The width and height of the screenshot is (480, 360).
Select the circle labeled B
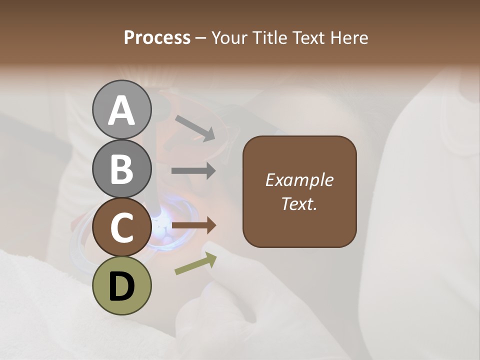[122, 168]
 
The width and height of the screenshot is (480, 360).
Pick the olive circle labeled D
[122, 285]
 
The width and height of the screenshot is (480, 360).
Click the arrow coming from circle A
[195, 127]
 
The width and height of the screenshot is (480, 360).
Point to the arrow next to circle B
[193, 170]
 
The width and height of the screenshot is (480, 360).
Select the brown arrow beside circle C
[193, 225]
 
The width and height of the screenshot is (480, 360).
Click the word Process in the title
[157, 37]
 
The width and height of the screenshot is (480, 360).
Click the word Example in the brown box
[299, 180]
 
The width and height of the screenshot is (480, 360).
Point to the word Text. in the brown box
[299, 203]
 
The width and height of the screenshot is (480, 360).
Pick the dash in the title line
[201, 38]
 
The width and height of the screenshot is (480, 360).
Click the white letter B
[122, 169]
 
